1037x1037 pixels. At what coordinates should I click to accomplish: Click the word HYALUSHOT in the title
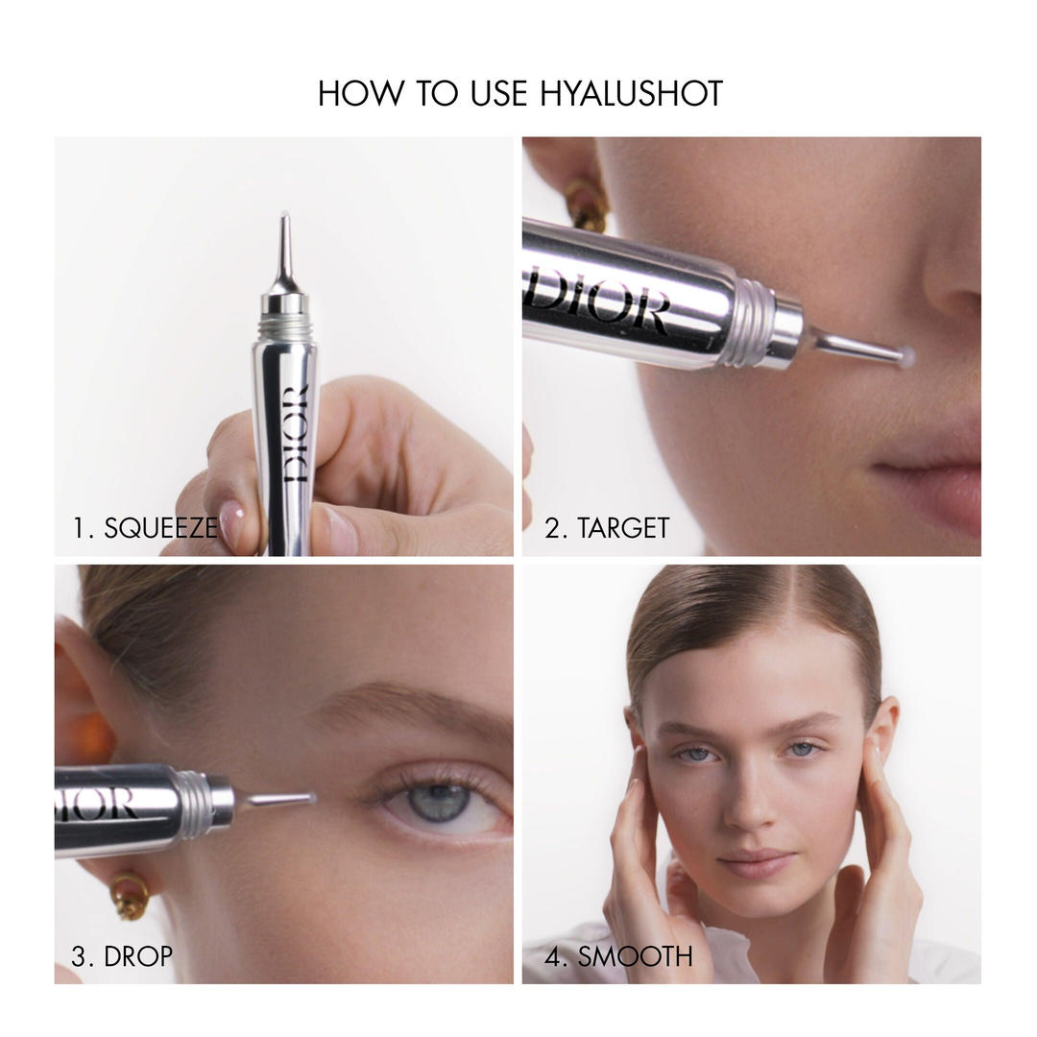tap(632, 94)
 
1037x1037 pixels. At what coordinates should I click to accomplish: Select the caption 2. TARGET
tap(607, 528)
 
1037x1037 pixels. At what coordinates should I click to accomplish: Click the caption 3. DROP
tap(123, 956)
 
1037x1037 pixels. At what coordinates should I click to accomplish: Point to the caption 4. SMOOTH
tap(619, 956)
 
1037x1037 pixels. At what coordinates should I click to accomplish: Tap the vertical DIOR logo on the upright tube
tap(296, 432)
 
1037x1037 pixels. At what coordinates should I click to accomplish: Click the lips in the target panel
tap(936, 480)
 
